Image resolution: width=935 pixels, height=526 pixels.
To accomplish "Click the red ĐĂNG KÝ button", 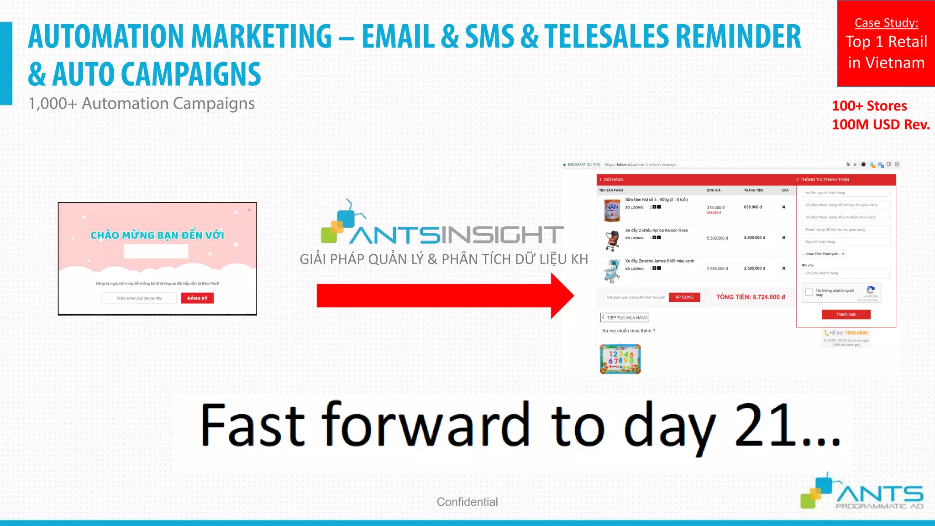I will [x=197, y=298].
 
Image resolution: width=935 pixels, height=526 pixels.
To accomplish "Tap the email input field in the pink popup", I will [x=139, y=298].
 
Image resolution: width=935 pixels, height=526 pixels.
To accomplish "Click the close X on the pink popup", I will [x=249, y=210].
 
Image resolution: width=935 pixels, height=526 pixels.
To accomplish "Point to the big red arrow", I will [x=445, y=295].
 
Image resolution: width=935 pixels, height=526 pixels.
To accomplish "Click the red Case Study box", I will [x=886, y=43].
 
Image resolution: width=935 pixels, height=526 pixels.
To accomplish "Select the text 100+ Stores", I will [x=869, y=106].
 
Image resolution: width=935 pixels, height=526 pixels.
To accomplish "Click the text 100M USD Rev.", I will [x=881, y=125].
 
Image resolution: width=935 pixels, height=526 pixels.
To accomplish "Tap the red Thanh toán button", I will [x=846, y=315].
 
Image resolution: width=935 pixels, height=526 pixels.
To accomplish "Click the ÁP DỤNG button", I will [x=684, y=297].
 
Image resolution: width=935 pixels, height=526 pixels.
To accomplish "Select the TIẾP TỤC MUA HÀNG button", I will [x=625, y=318].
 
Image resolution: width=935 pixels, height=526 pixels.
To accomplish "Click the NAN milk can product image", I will [x=612, y=210].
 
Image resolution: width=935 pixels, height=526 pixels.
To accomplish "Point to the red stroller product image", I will [x=612, y=241].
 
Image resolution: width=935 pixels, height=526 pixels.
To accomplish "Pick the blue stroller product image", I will [x=612, y=271].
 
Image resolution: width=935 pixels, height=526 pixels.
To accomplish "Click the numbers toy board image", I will [x=620, y=359].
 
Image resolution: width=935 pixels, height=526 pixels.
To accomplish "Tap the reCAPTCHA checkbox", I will [x=809, y=292].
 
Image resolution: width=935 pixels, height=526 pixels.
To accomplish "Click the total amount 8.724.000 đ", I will [x=769, y=297].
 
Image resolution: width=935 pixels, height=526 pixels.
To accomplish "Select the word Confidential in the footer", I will [x=467, y=502].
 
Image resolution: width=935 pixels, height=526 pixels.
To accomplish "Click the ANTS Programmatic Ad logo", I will [x=862, y=492].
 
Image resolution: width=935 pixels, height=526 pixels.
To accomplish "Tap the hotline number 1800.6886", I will [x=856, y=333].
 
